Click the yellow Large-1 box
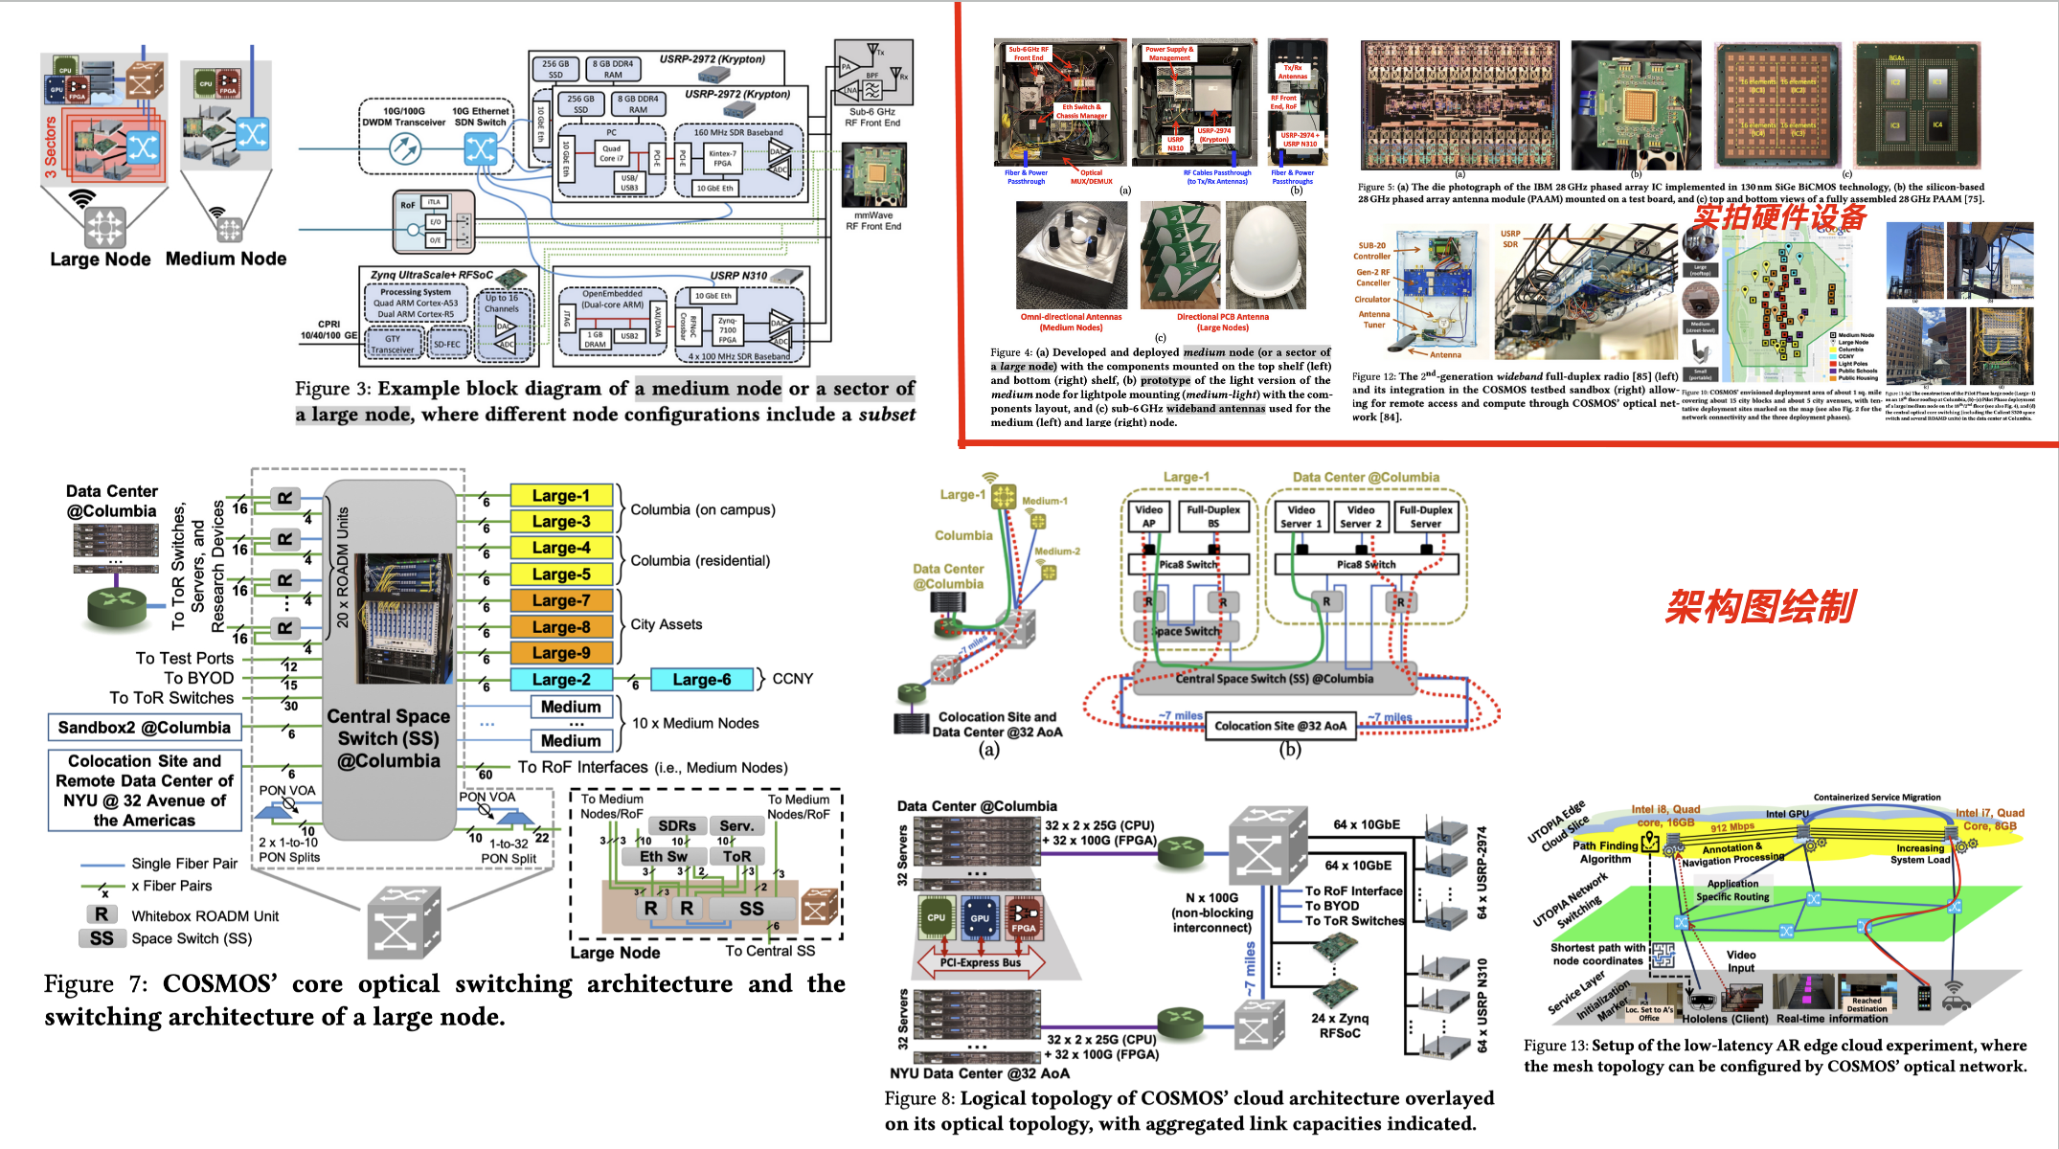coord(561,496)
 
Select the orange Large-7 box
coord(561,600)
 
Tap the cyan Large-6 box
coord(702,680)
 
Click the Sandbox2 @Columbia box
coord(145,728)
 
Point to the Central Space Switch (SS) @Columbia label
coord(388,738)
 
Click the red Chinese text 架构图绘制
coord(1760,607)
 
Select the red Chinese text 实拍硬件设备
coord(1779,217)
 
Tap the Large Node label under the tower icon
coord(101,259)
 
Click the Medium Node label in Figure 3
coord(226,259)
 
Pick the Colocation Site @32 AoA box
coord(1280,726)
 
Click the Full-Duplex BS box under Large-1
coord(1213,516)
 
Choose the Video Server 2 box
coord(1361,517)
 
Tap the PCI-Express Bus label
coord(980,962)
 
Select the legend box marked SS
coord(102,938)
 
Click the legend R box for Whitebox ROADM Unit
coord(102,914)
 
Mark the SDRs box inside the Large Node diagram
coord(677,825)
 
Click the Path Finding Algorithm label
coord(1605,852)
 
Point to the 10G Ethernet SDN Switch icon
coord(480,148)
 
